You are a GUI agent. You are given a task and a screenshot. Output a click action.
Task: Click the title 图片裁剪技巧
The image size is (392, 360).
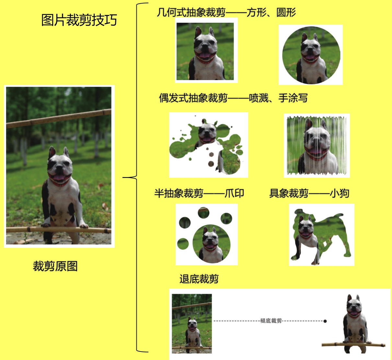coord(79,20)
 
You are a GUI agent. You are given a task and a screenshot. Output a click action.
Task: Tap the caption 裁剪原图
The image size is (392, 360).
coord(55,266)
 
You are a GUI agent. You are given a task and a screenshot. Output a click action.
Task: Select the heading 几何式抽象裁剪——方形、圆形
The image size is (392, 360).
coord(226,13)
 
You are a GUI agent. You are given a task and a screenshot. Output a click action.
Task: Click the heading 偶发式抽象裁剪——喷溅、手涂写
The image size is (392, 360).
coord(233,98)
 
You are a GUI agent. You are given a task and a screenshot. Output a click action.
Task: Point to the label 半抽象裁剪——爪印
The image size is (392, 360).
coord(199,193)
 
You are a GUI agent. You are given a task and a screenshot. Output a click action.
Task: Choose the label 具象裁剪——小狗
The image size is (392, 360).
coord(309,193)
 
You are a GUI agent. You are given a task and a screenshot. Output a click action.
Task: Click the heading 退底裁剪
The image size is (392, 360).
coord(199,279)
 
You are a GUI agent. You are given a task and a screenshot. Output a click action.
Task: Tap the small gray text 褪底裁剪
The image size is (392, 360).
coord(271,321)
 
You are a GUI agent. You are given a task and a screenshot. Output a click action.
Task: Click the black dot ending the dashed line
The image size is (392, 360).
coord(325,321)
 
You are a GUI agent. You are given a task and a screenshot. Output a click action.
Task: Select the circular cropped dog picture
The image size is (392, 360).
coord(311,55)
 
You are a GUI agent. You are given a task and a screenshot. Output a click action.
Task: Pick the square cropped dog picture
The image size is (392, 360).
coord(205,51)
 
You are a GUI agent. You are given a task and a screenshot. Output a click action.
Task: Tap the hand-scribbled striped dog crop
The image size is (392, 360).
coord(317,145)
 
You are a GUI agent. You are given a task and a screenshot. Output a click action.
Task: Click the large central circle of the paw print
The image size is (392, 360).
coord(212,244)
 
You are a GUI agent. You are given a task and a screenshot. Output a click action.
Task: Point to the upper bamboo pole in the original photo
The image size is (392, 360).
coord(59,119)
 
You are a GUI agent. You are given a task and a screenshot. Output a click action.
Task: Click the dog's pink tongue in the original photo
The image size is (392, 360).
coord(59,177)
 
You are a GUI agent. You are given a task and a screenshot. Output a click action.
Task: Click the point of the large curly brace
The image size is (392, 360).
coord(123,177)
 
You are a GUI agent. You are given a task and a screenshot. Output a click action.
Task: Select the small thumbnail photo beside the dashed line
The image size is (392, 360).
coord(192,324)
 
